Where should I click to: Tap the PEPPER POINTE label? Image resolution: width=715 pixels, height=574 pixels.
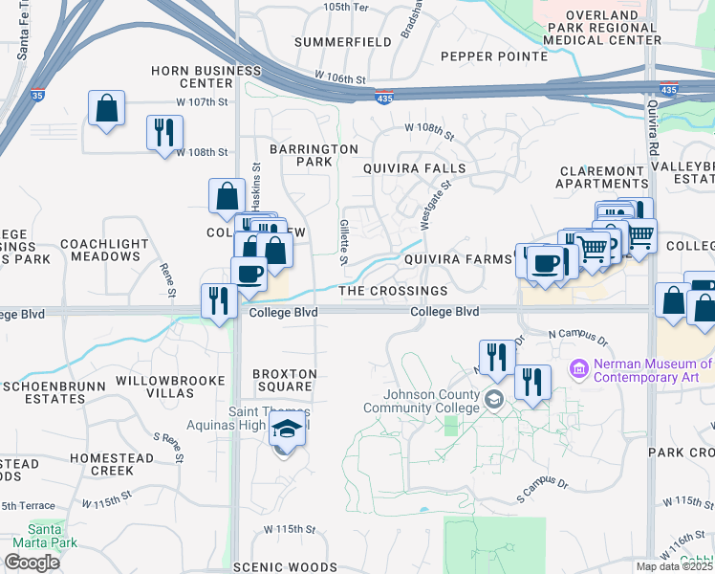(x=494, y=56)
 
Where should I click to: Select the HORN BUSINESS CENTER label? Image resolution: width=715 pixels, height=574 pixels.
(x=206, y=77)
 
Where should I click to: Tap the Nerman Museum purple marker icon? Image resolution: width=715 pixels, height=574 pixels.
(x=577, y=367)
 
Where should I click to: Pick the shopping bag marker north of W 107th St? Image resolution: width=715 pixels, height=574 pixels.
(x=106, y=107)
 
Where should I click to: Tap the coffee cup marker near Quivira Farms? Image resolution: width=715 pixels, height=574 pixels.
(x=545, y=263)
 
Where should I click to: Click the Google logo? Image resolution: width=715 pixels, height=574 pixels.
(x=32, y=563)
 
